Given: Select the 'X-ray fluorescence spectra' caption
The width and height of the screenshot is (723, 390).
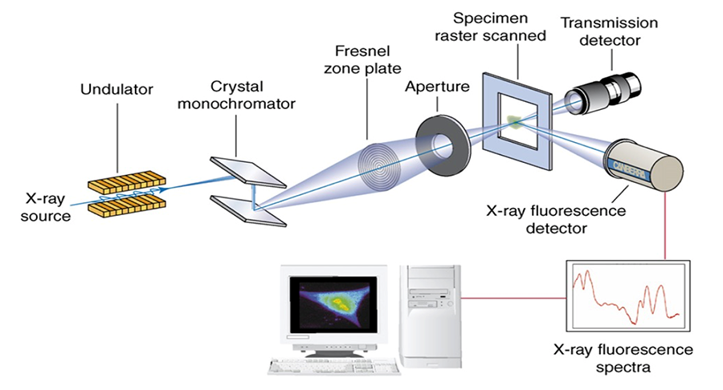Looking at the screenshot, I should click(623, 359).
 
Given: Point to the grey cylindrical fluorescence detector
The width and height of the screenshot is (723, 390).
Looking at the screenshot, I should click(645, 165).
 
